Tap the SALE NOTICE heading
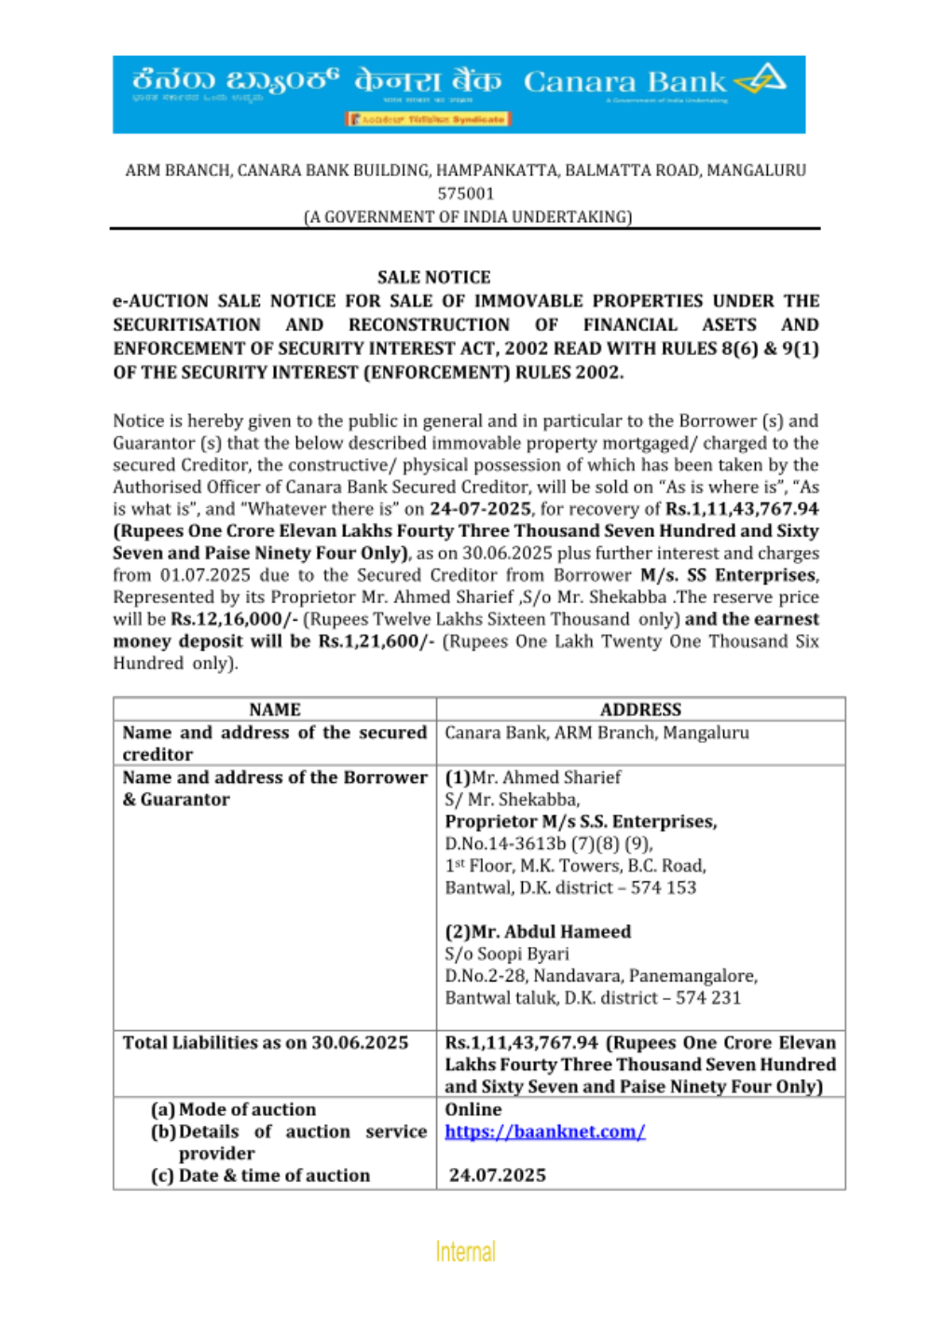click(x=433, y=277)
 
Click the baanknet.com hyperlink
click(x=544, y=1132)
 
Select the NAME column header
click(x=275, y=709)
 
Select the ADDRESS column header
click(x=640, y=709)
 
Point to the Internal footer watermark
click(x=465, y=1251)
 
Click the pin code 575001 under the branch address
click(x=466, y=194)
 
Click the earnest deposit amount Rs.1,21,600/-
click(x=376, y=641)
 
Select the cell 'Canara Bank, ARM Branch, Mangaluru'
click(x=596, y=733)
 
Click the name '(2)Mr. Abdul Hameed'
click(x=538, y=931)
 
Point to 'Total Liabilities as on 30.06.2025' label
click(x=266, y=1042)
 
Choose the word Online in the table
click(x=473, y=1109)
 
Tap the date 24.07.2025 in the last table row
click(x=498, y=1175)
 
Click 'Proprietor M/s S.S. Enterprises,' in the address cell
click(x=581, y=821)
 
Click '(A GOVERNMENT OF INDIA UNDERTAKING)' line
click(x=468, y=216)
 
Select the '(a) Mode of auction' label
click(x=233, y=1109)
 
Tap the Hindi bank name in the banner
click(x=427, y=81)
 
